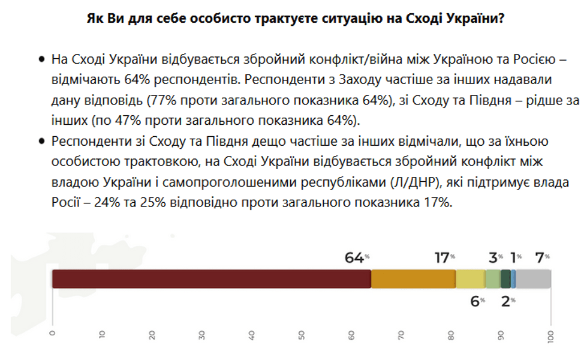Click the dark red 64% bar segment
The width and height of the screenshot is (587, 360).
point(212,279)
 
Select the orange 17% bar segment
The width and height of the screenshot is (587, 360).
point(413,279)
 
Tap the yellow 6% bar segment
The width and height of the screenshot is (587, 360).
point(471,279)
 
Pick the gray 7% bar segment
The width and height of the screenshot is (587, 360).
point(533,279)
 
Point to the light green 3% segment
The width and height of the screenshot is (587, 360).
point(493,279)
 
